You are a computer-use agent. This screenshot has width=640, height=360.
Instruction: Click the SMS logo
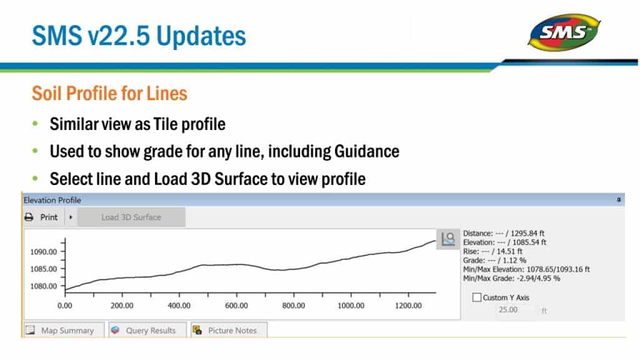point(564,32)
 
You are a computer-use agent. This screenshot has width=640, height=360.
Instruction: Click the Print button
point(42,217)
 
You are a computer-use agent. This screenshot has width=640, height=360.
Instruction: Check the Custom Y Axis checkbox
point(476,297)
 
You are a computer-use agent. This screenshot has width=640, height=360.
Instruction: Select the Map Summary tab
point(64,330)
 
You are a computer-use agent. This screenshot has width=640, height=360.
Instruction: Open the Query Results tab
point(147,330)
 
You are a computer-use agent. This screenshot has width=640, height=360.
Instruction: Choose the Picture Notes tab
point(229,330)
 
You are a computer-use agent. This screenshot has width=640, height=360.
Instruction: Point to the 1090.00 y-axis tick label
point(43,252)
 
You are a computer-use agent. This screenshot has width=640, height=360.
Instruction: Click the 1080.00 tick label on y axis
point(43,286)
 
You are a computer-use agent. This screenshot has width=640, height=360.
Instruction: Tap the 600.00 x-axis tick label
point(236,306)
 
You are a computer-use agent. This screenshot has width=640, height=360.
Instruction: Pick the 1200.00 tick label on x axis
point(408,306)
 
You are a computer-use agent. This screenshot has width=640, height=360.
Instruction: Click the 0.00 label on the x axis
point(64,306)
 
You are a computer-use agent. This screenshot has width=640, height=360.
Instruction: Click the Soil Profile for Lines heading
point(109,94)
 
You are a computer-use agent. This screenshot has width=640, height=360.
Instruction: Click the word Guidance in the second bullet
point(366,151)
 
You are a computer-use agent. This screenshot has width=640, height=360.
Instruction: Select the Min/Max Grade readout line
point(511,278)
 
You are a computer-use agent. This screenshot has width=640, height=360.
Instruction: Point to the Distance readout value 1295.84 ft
point(527,234)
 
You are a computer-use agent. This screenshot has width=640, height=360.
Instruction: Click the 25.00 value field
point(508,310)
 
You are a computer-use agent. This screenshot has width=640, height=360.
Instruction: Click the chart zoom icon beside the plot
point(448,239)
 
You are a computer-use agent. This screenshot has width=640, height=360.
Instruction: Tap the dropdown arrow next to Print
point(71,217)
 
